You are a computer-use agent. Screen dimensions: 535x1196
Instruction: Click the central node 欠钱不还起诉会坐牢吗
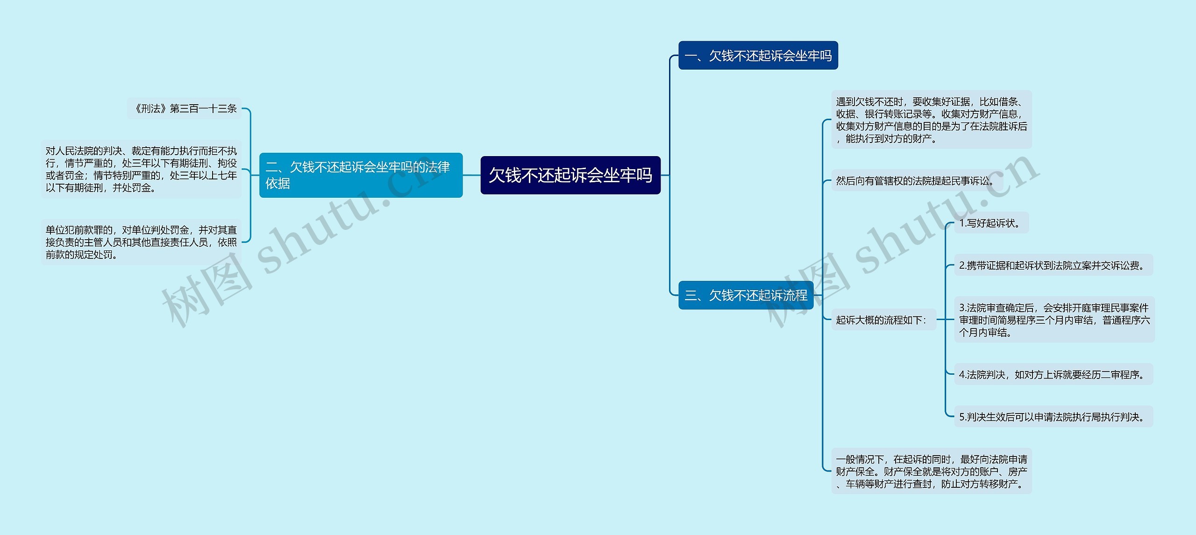pos(570,175)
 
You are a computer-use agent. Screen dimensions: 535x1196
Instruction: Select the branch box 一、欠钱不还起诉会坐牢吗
pos(758,56)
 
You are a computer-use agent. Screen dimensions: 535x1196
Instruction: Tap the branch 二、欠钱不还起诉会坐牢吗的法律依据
pos(361,175)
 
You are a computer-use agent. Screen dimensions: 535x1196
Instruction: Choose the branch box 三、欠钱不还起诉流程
pos(746,295)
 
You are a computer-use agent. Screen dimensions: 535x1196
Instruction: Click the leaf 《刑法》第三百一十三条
pos(185,109)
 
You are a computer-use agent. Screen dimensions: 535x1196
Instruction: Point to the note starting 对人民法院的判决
pos(141,169)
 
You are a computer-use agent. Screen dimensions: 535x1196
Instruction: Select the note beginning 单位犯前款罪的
pos(141,242)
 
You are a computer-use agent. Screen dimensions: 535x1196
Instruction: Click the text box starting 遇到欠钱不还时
pos(931,120)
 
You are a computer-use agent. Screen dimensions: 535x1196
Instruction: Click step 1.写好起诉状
pos(990,223)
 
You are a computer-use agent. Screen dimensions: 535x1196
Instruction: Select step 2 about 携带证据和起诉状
pos(1053,265)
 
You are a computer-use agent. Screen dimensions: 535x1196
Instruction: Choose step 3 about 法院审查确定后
pos(1054,320)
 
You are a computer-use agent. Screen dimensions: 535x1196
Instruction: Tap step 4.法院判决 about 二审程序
pos(1053,375)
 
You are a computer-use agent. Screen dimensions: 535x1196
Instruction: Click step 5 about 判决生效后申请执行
pos(1053,417)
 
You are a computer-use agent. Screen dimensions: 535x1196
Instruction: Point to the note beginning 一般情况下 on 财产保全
pos(931,471)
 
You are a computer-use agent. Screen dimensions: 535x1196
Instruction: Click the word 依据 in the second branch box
pos(278,184)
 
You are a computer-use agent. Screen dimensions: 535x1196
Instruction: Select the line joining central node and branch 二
pos(471,175)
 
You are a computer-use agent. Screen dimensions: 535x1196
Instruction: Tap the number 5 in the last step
pos(962,417)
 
